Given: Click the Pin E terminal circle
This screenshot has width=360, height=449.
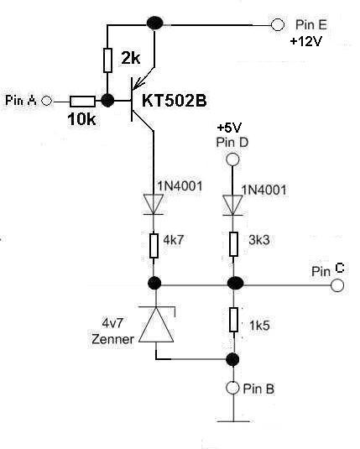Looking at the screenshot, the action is point(277,24).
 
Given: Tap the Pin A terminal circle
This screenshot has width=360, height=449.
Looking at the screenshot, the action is point(46,101).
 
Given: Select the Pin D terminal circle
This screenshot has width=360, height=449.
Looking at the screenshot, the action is point(232,159).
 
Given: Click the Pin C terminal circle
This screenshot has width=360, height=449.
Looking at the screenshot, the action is point(337,285).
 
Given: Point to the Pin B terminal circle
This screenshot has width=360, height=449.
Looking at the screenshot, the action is point(232,388).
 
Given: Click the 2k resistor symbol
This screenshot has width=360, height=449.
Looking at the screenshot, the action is point(107,60).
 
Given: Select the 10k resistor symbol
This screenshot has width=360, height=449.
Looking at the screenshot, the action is point(82,102).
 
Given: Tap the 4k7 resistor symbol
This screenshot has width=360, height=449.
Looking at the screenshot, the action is point(154,246).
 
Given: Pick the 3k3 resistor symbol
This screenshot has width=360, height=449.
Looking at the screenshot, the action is point(233,244).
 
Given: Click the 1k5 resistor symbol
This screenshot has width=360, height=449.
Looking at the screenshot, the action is point(233,320).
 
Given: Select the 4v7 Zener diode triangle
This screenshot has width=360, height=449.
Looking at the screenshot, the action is point(156,325).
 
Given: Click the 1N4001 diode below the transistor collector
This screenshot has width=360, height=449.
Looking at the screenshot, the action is point(154,204).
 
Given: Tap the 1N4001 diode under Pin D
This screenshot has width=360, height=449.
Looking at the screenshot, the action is point(232,205).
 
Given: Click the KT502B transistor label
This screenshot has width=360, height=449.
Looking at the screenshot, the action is point(175,101).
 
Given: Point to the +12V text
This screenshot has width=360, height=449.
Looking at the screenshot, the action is point(305,41).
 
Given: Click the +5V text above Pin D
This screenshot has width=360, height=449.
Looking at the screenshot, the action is point(229,128).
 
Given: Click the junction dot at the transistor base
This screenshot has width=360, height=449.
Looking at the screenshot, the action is point(107,101).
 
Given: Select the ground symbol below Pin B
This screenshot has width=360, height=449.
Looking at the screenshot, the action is point(233,421).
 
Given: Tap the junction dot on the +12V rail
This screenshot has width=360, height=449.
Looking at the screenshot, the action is point(154,23).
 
